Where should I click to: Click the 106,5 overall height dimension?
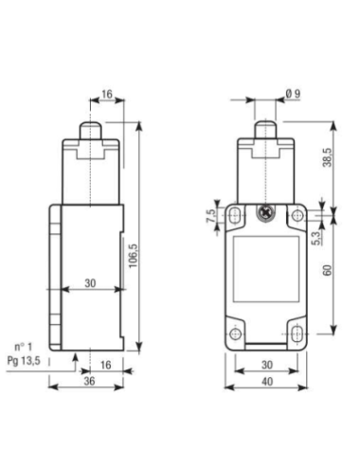[x=133, y=256]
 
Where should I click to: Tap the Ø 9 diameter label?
[x=294, y=94]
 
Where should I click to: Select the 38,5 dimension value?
[x=328, y=157]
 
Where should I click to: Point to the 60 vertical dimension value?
[x=328, y=270]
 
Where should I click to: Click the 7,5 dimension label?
[x=211, y=216]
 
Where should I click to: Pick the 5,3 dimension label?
[x=316, y=238]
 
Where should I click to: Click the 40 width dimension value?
[x=267, y=382]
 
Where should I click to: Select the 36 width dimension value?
[x=89, y=381]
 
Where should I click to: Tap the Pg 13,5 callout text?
[x=24, y=360]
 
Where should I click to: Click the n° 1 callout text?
[x=24, y=347]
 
